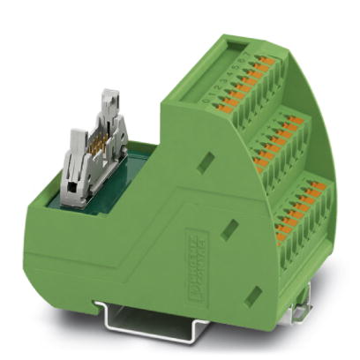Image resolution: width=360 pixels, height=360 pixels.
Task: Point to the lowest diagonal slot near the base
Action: (x=253, y=292)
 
